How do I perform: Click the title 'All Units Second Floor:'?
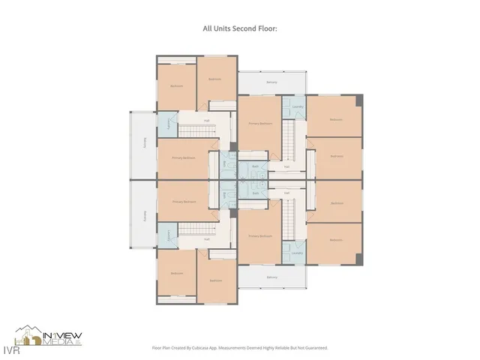(239, 28)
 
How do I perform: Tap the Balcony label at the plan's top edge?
(271, 82)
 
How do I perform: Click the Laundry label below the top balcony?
(297, 106)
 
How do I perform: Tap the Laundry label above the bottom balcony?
(297, 253)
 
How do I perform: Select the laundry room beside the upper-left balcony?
(166, 125)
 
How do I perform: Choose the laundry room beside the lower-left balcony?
(166, 234)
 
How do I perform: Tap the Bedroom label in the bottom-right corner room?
(336, 240)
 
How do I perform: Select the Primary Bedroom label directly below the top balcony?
(260, 123)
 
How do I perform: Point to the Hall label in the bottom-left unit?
(206, 239)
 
